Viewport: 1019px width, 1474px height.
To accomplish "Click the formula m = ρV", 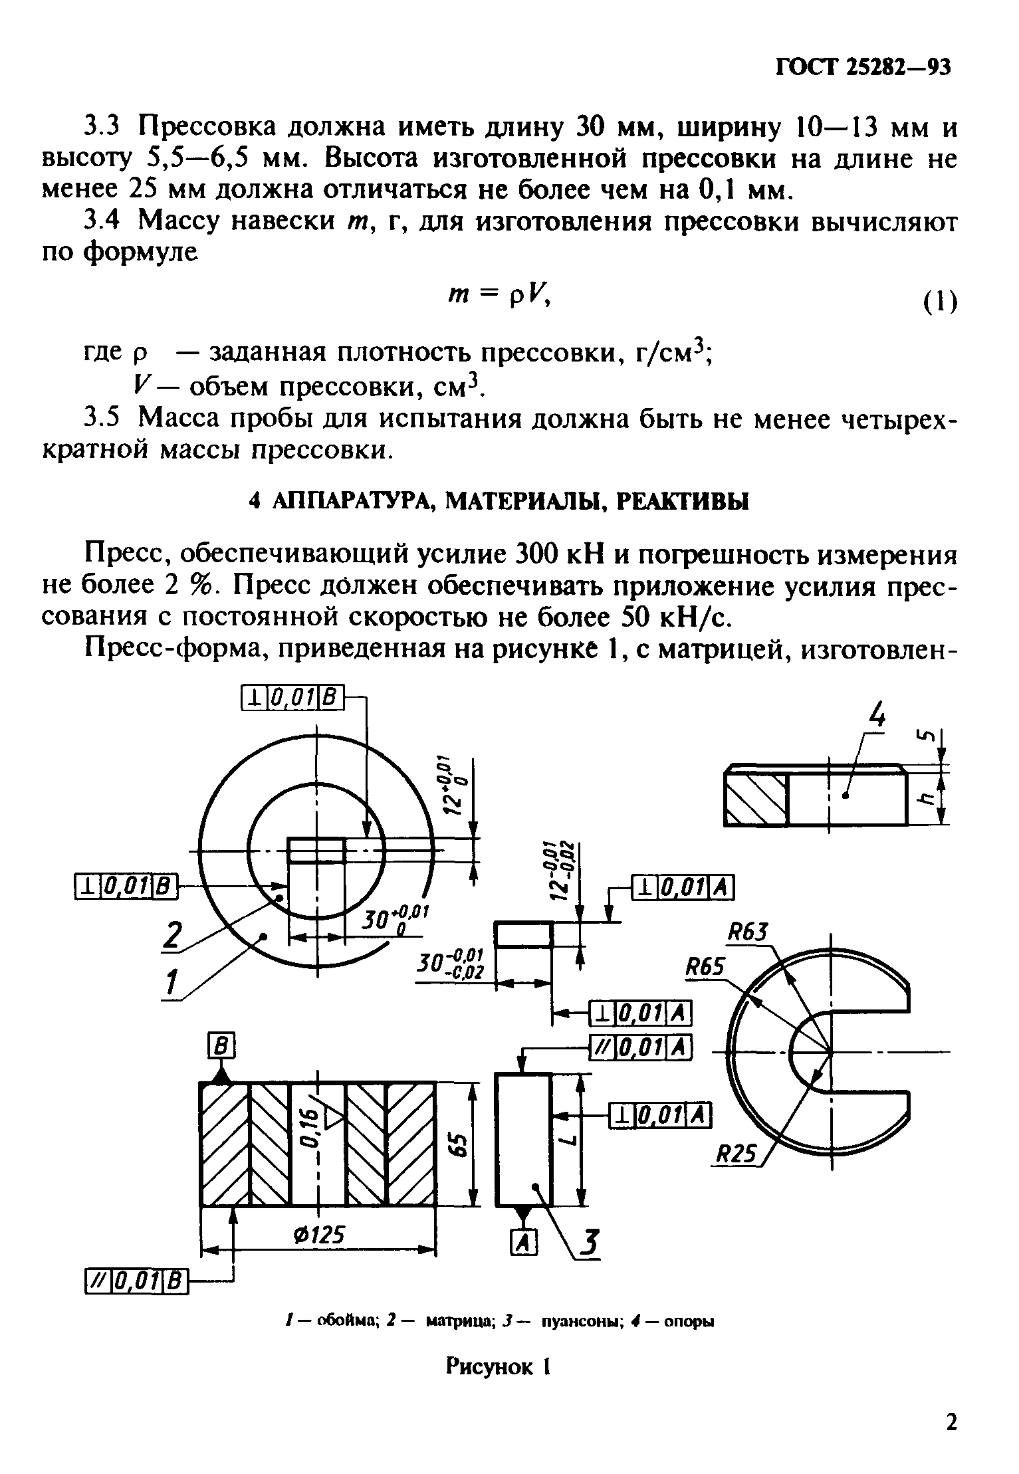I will (497, 298).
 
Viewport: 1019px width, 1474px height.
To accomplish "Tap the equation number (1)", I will (939, 302).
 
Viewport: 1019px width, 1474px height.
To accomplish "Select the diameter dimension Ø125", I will (320, 1234).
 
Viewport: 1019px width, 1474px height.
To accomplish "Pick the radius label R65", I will (705, 966).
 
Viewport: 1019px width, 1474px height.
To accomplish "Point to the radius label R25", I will (736, 1173).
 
